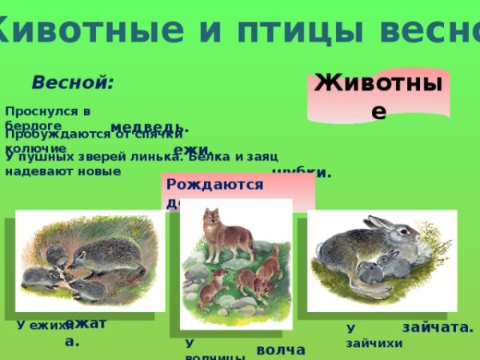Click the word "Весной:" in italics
[73, 82]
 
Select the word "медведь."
[149, 127]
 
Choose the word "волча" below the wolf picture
[280, 350]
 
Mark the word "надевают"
[34, 170]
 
